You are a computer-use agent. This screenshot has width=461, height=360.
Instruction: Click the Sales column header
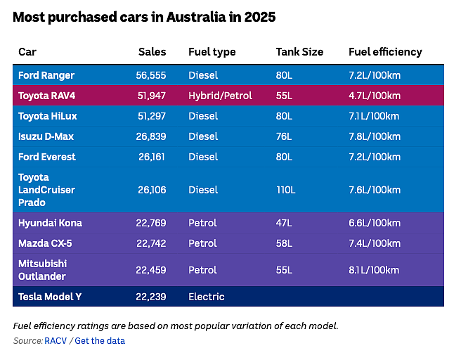(x=152, y=52)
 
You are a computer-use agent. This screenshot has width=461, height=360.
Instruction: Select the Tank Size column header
(x=299, y=52)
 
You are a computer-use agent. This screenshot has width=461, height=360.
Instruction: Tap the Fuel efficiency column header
(x=385, y=52)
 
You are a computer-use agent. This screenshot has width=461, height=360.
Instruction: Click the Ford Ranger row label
(x=46, y=75)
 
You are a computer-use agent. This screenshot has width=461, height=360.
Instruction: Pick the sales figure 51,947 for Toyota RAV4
(x=151, y=96)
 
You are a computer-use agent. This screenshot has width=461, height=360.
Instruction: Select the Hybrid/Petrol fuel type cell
(x=220, y=96)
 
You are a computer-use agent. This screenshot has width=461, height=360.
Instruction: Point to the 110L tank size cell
(x=285, y=190)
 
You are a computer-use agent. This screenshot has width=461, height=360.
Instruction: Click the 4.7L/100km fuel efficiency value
(x=375, y=96)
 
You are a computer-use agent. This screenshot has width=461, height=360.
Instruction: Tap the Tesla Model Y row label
(x=50, y=297)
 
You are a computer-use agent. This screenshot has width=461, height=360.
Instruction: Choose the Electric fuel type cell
(x=207, y=297)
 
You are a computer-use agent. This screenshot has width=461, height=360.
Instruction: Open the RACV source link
(x=56, y=340)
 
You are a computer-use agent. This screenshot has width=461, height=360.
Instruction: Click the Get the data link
(x=100, y=340)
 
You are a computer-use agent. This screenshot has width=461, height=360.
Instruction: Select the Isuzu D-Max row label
(x=46, y=136)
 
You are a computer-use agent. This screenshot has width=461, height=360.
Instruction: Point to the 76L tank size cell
(x=284, y=136)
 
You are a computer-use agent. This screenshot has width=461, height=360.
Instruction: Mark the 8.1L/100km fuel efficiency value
(x=374, y=270)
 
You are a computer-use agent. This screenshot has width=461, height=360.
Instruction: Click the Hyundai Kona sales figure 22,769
(x=151, y=223)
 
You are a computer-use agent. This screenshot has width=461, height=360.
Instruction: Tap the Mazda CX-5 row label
(x=45, y=243)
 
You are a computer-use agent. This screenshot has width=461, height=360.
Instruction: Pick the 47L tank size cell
(x=284, y=223)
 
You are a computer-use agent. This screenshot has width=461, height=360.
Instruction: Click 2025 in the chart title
(x=260, y=17)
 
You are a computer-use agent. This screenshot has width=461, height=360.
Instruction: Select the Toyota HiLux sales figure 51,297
(x=152, y=116)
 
